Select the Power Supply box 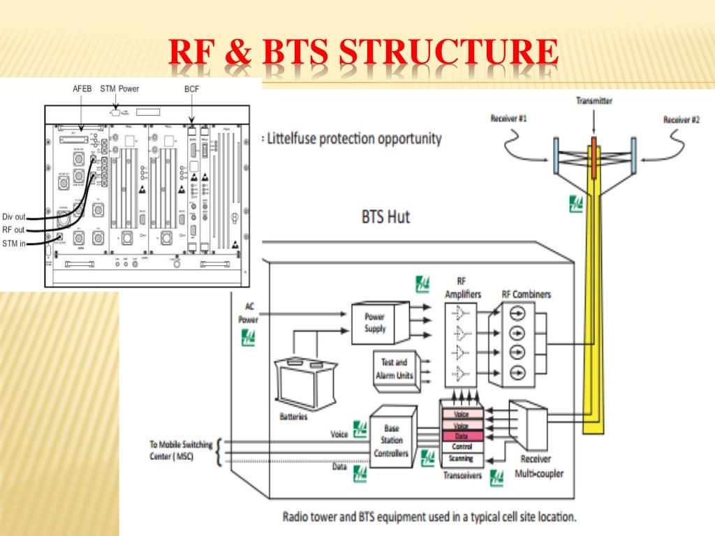tap(375, 322)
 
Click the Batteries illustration tap(302, 384)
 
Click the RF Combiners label tap(526, 294)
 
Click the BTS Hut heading tap(385, 216)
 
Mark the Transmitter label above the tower tap(594, 101)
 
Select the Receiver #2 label tap(681, 120)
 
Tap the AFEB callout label tap(82, 89)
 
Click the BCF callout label tap(191, 89)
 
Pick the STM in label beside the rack tap(14, 242)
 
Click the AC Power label tap(249, 313)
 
